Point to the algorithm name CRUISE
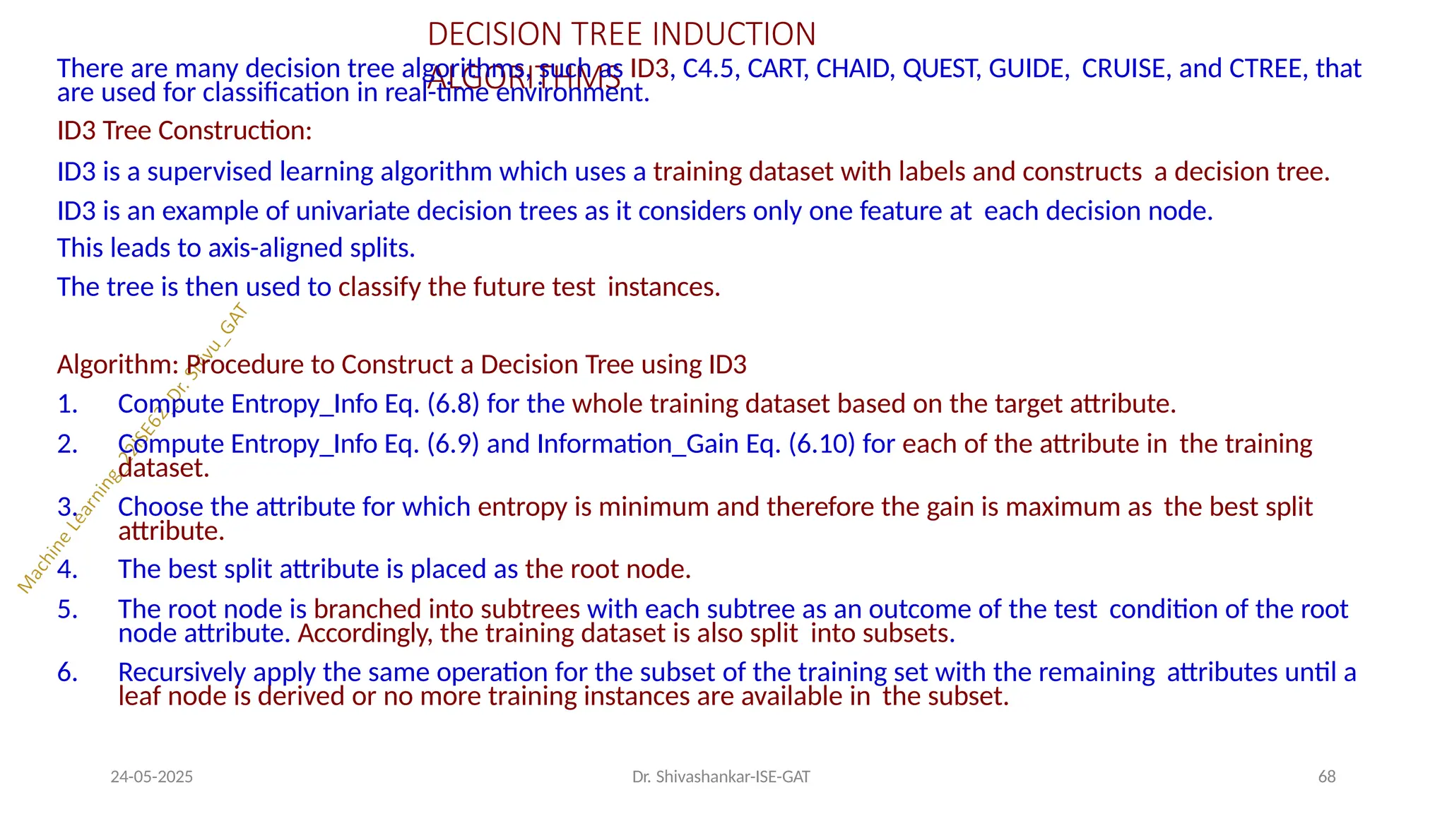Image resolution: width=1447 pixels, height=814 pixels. pos(1123,69)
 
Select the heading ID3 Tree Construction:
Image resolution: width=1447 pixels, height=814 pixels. pos(184,131)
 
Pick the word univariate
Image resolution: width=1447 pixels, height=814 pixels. pos(357,211)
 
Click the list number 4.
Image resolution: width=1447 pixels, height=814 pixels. pos(66,570)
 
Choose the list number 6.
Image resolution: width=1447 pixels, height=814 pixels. pos(66,673)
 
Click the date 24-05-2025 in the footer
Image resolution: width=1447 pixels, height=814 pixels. pos(152,777)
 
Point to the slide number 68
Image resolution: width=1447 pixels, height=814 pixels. pos(1327,777)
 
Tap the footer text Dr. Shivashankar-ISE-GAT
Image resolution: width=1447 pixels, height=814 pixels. pos(721,777)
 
